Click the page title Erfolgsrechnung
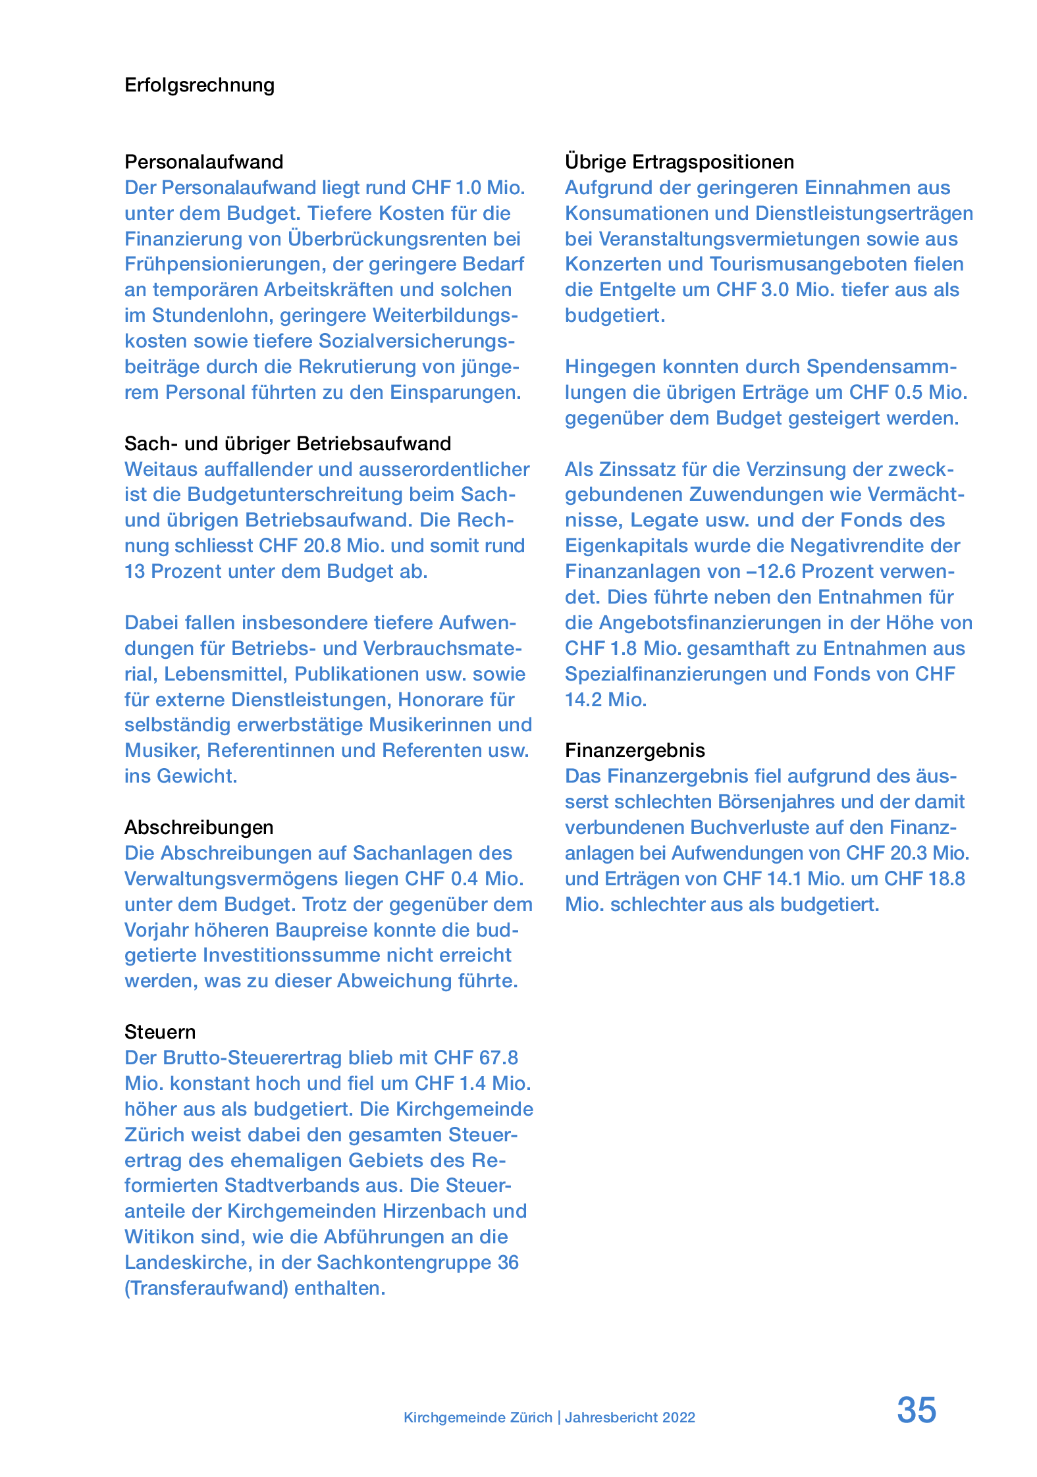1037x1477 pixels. pos(199,85)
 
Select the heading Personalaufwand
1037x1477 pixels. pos(203,162)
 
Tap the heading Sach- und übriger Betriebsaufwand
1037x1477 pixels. pos(288,444)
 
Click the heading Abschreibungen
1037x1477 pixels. pos(199,827)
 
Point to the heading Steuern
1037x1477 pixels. pos(160,1032)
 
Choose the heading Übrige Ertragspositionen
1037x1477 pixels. pos(679,162)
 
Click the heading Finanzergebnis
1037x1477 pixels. pos(635,750)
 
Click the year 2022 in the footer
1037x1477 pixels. pos(679,1417)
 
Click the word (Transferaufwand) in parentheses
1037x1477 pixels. pos(206,1288)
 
